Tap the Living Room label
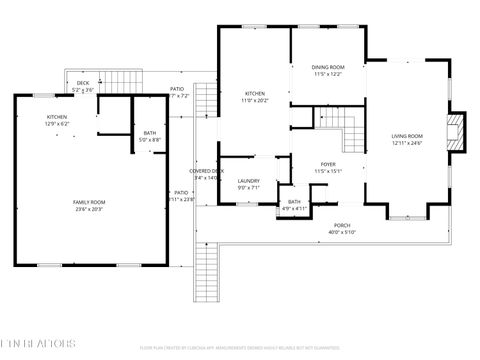point(407,136)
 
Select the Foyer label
point(327,163)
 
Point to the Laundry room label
point(249,180)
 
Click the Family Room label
point(89,202)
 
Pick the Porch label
point(342,226)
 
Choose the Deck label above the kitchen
point(83,83)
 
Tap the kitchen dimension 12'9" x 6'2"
point(57,124)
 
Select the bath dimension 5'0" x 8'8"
point(150,140)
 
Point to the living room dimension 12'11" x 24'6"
point(407,143)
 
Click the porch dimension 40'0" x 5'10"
point(342,233)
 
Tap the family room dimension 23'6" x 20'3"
point(89,209)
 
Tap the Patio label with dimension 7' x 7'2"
point(176,89)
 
